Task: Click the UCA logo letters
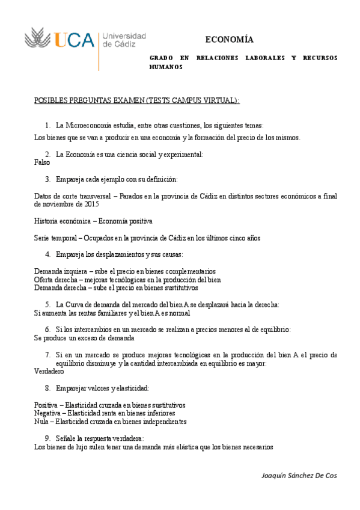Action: point(75,40)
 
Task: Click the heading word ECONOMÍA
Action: point(229,40)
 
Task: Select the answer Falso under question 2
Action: point(42,162)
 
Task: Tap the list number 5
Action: point(47,304)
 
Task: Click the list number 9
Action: point(47,438)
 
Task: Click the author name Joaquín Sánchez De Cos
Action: point(300,475)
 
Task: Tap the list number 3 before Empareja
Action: point(47,179)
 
